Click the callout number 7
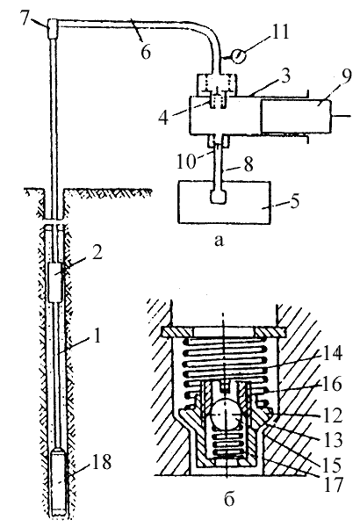pos(27,19)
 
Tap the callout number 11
pos(278,33)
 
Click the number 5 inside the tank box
pos(294,201)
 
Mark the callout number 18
pos(102,461)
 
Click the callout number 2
pos(97,252)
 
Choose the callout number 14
pos(331,353)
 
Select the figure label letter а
pos(219,241)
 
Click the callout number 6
pos(145,53)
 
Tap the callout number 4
pos(163,118)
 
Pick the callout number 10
pos(186,161)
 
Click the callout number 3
pos(284,76)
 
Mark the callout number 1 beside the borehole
pos(97,336)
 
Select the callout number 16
pos(331,384)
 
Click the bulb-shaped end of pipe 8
pos(218,197)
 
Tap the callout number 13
pos(332,439)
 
